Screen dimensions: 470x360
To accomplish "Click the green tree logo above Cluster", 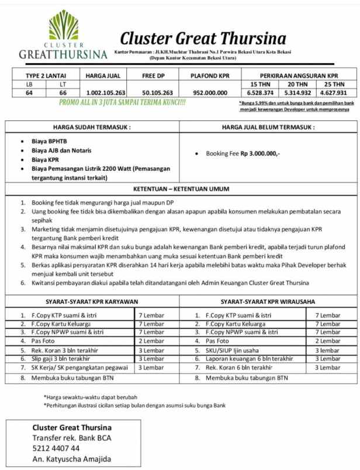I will (63, 26).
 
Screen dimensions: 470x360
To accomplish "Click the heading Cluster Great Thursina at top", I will (203, 39).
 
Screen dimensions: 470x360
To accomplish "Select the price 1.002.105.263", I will (106, 92).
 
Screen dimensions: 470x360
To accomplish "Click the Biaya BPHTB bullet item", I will (49, 141).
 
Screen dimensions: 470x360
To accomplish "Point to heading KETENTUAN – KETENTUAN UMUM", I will (180, 189).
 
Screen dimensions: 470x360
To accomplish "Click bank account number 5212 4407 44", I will (56, 448).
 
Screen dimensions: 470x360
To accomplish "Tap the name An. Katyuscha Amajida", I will (71, 459).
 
